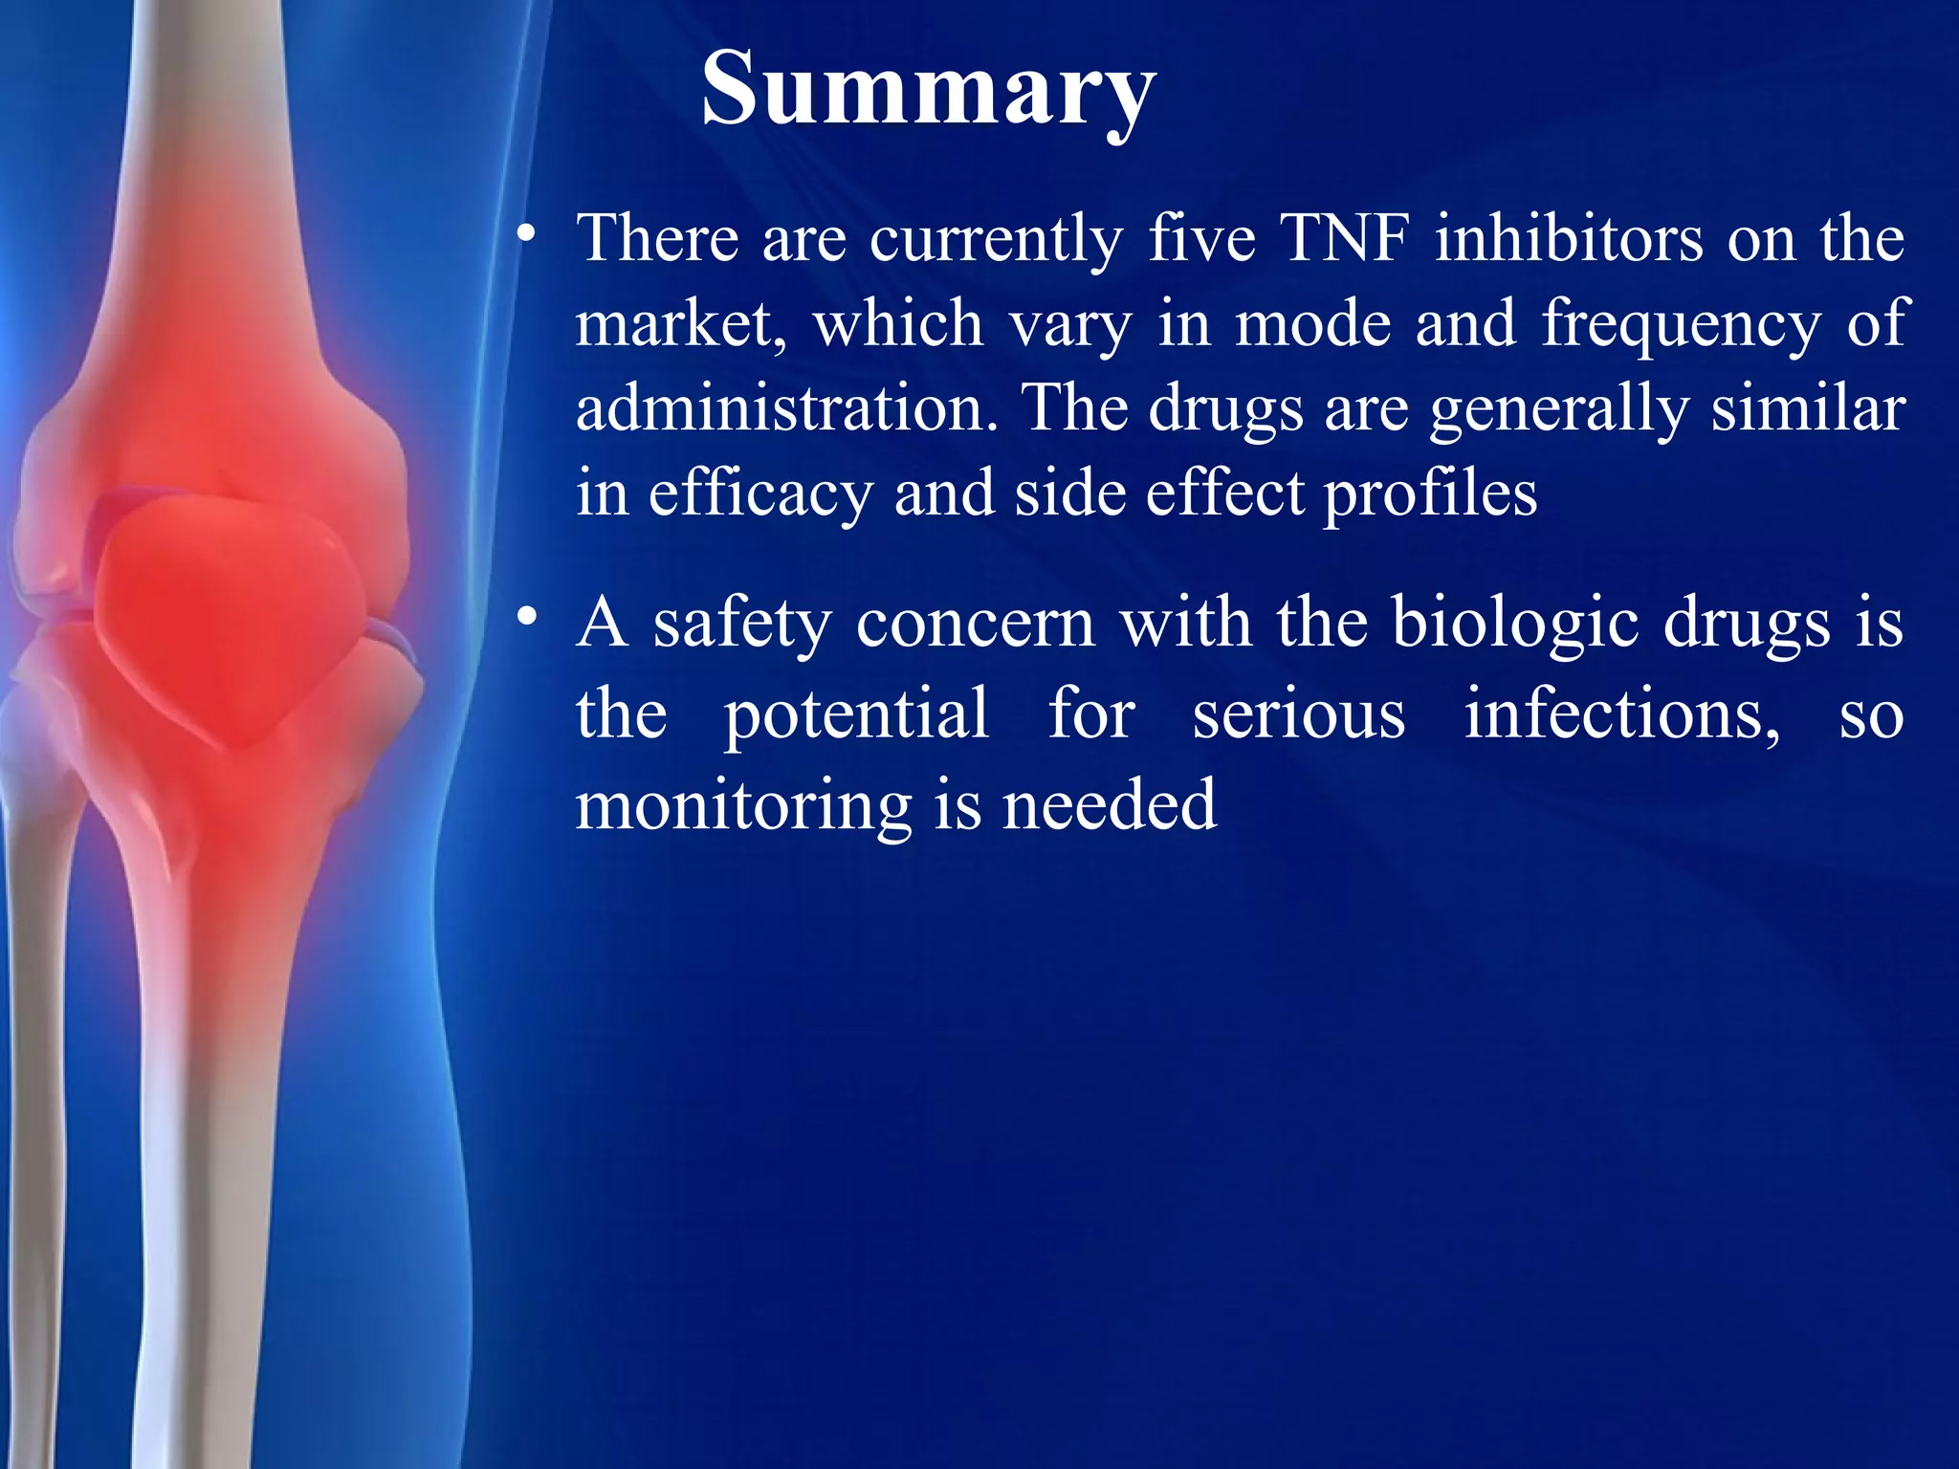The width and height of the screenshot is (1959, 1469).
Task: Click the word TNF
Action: tap(1344, 238)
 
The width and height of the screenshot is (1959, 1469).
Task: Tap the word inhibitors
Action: tap(1569, 238)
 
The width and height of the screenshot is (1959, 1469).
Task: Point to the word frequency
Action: tap(1681, 325)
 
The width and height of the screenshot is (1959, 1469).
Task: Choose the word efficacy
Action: tap(760, 494)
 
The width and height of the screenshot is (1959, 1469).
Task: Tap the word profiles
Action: tap(1430, 494)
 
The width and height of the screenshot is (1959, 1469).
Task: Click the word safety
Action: tap(741, 625)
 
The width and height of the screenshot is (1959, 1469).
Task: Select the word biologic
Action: tap(1514, 625)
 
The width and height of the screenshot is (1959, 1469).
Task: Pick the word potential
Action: tap(856, 715)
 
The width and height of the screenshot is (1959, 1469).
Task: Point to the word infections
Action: tap(1622, 715)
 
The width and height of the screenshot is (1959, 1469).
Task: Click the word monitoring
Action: tap(743, 806)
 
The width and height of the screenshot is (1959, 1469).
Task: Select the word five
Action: tap(1201, 238)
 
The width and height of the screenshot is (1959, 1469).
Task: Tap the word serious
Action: tap(1299, 715)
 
